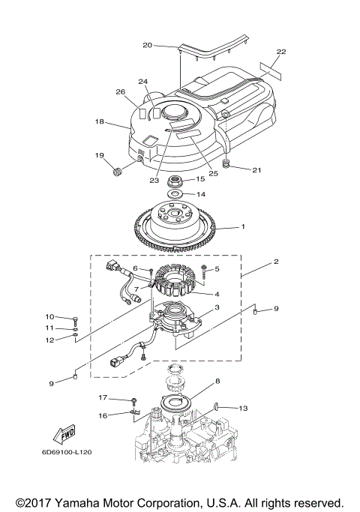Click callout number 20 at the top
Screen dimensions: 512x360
click(x=147, y=45)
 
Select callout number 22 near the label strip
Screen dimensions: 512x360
click(x=280, y=52)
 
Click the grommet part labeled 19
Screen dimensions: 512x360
click(x=117, y=174)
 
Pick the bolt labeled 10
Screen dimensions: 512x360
click(x=77, y=317)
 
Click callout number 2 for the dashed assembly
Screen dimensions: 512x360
click(x=275, y=262)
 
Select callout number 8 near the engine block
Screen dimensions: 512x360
click(x=217, y=382)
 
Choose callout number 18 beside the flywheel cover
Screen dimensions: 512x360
click(x=99, y=121)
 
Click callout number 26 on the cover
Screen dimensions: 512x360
click(x=120, y=92)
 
